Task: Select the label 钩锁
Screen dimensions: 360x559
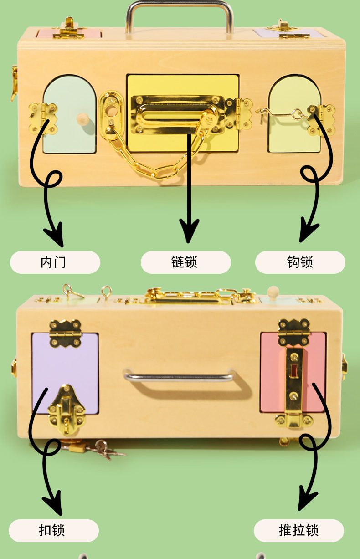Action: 300,262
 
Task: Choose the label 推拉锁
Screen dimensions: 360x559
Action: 298,531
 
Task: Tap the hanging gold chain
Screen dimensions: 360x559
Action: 150,159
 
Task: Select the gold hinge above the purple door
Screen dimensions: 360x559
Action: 65,332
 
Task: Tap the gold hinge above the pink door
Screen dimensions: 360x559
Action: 293,331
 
